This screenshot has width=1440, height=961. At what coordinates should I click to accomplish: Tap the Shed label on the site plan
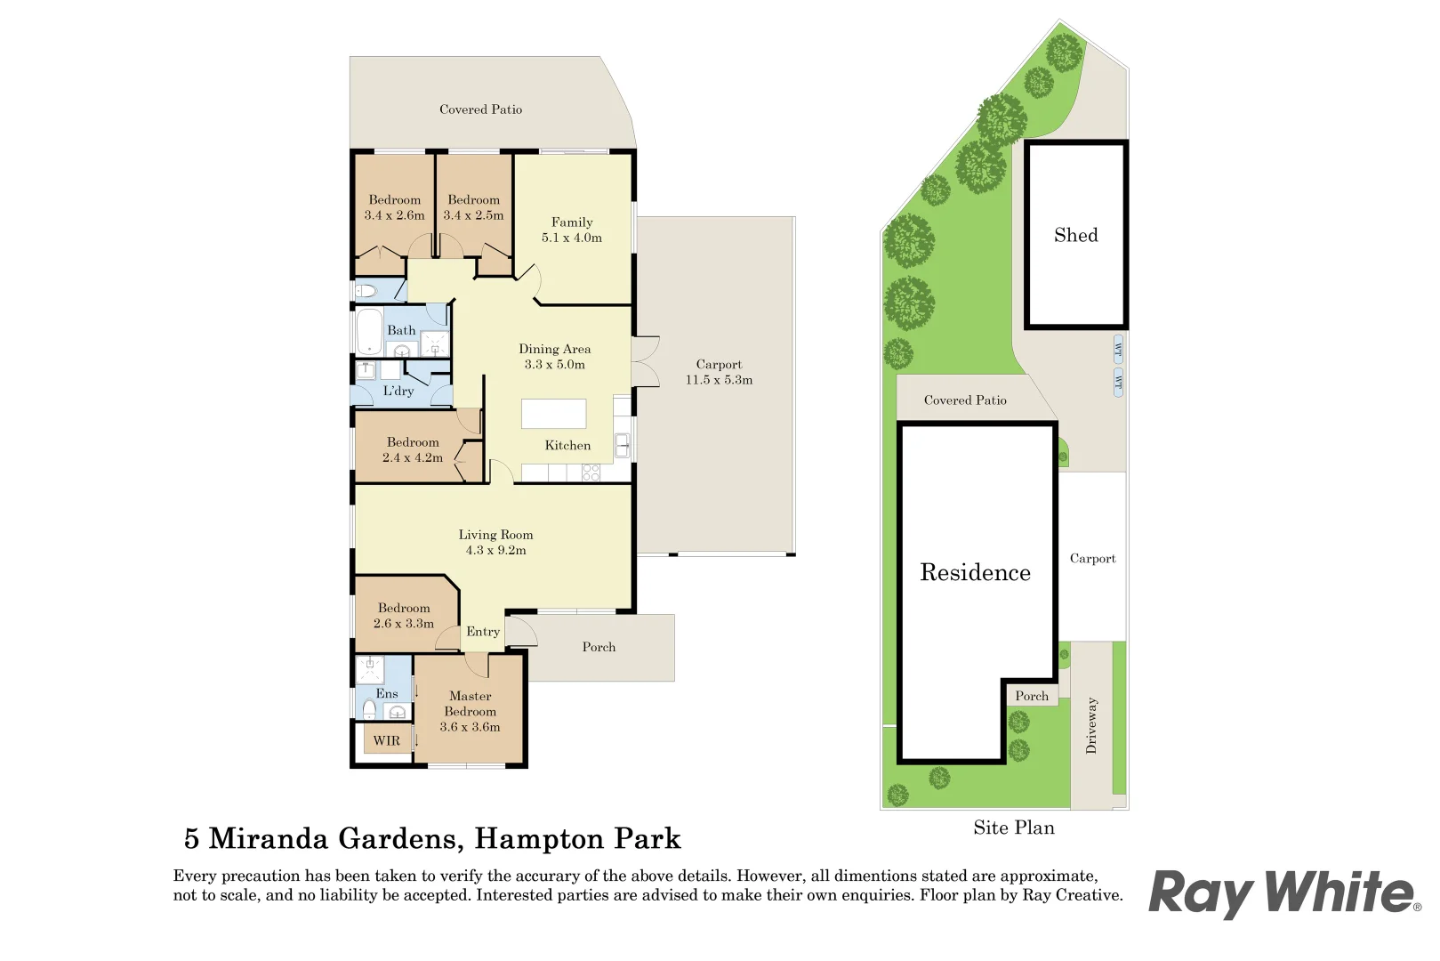pos(1076,236)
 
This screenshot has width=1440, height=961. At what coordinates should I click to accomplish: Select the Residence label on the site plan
pos(975,572)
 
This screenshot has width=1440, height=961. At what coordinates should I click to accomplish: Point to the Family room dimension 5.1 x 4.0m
pos(572,238)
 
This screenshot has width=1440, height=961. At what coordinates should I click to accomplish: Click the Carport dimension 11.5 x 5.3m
pos(719,380)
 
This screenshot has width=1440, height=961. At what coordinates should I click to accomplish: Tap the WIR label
pos(386,741)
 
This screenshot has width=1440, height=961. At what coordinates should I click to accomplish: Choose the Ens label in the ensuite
pos(387,693)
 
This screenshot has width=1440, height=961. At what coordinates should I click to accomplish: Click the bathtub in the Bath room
pos(369,332)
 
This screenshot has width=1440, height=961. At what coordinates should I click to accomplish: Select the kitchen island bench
pos(553,414)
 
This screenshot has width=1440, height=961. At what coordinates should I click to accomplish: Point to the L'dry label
pos(398,392)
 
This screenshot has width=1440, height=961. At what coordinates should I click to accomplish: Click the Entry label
pos(483,633)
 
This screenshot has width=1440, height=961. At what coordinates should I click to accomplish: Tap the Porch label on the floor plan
pos(599,647)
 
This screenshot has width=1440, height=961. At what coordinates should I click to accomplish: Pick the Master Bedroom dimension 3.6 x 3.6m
pos(470,728)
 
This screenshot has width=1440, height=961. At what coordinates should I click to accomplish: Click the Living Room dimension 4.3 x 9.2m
pos(495,551)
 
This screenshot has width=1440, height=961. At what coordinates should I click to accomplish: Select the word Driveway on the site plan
pos(1091,725)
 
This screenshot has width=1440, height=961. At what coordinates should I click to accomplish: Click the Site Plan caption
pos(1014,828)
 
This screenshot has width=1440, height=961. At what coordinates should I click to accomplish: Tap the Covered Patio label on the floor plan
pos(481,110)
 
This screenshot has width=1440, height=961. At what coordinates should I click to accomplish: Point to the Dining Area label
pos(555,350)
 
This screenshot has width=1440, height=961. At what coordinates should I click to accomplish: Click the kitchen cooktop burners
pos(591,472)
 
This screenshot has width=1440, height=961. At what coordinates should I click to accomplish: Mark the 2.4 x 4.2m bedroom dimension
pos(413,458)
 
